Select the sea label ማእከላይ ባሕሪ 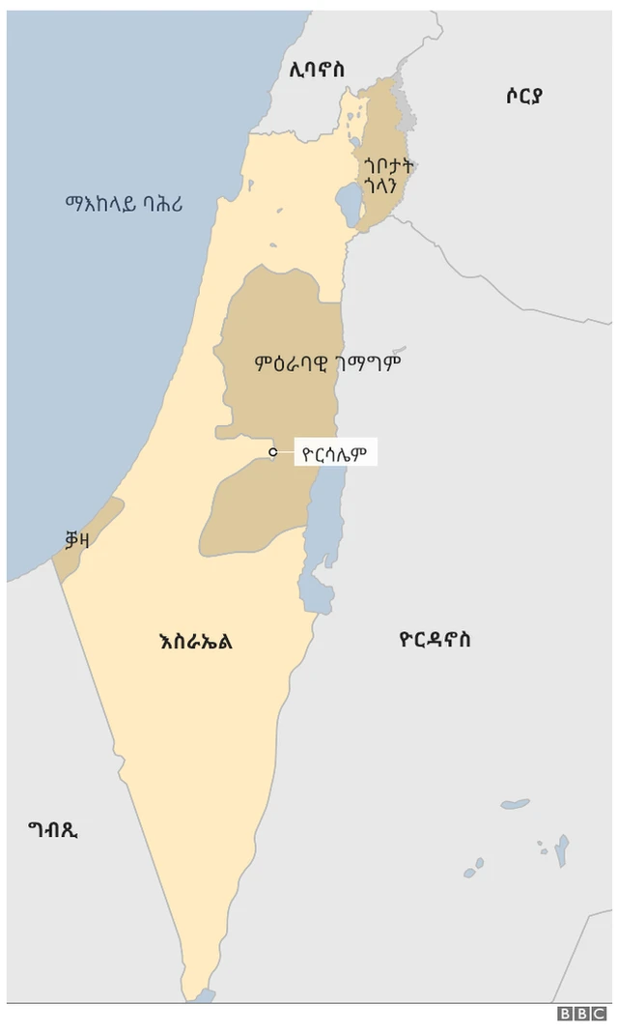click(x=125, y=204)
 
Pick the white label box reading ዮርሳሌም click(x=334, y=451)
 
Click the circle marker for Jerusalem click(x=273, y=451)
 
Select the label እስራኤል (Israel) click(x=195, y=641)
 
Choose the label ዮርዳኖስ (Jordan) click(x=435, y=640)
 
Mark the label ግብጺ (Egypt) click(x=53, y=828)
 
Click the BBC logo click(x=581, y=1014)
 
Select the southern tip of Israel click(x=197, y=991)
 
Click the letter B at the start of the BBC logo click(x=565, y=1014)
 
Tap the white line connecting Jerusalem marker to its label click(x=286, y=451)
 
